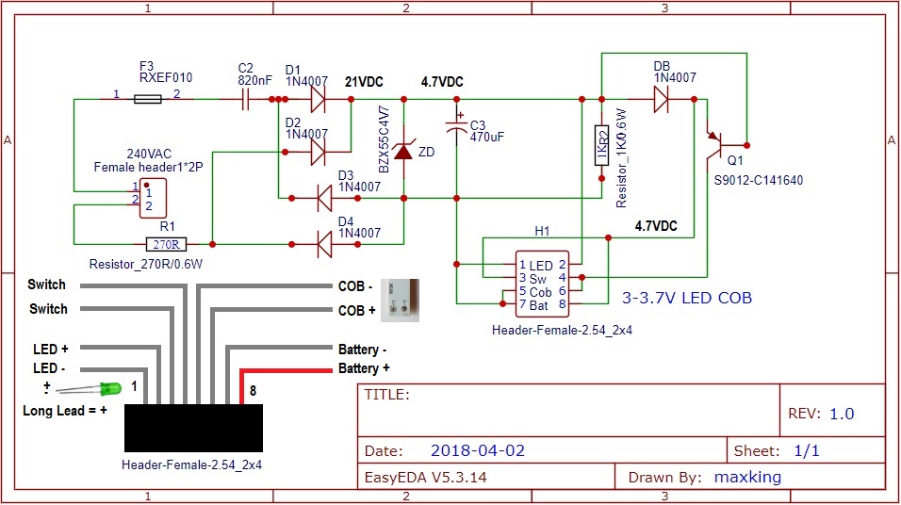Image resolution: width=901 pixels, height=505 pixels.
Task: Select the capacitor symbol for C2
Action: (245, 98)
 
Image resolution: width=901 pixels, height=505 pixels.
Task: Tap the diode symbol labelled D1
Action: (317, 98)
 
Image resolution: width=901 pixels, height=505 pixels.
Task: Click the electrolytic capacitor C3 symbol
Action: (456, 127)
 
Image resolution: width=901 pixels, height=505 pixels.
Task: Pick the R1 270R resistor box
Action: (166, 244)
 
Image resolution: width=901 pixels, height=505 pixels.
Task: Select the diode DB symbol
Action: (663, 98)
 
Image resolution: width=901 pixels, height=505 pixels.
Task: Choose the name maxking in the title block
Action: (747, 477)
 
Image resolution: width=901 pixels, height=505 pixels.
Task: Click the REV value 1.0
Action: (842, 414)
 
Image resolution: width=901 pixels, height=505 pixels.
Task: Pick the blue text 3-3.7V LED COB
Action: (686, 299)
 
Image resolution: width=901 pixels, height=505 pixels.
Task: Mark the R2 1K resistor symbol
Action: (600, 146)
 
